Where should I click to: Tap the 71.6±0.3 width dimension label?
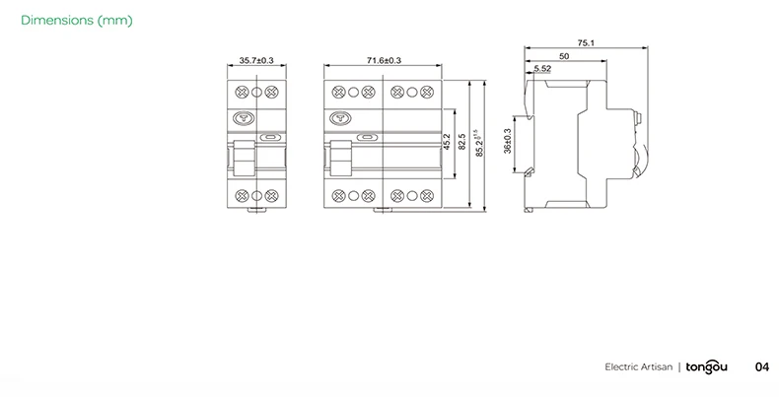[383, 61]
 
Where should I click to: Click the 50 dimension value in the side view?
[563, 56]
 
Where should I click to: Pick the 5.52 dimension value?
[542, 69]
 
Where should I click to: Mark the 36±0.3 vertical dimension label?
[508, 141]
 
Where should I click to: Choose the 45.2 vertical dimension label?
[447, 142]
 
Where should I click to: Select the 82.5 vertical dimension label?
[461, 142]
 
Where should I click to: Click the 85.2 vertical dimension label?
[478, 141]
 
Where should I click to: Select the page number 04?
[761, 366]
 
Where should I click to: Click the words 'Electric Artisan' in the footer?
[638, 366]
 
